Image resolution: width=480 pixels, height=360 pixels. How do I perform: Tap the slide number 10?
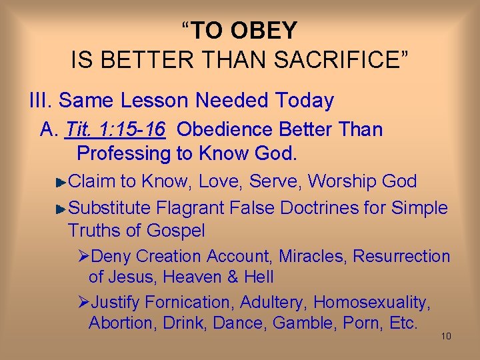tap(446, 336)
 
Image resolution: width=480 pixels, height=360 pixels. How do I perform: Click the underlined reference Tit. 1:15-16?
tap(115, 129)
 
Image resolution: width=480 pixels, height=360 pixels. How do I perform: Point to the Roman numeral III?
tap(41, 101)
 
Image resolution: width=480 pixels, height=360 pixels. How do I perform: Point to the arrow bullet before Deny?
tap(83, 257)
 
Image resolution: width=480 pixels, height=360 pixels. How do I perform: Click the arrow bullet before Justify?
tap(83, 303)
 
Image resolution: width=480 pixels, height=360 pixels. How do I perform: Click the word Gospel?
tap(175, 231)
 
